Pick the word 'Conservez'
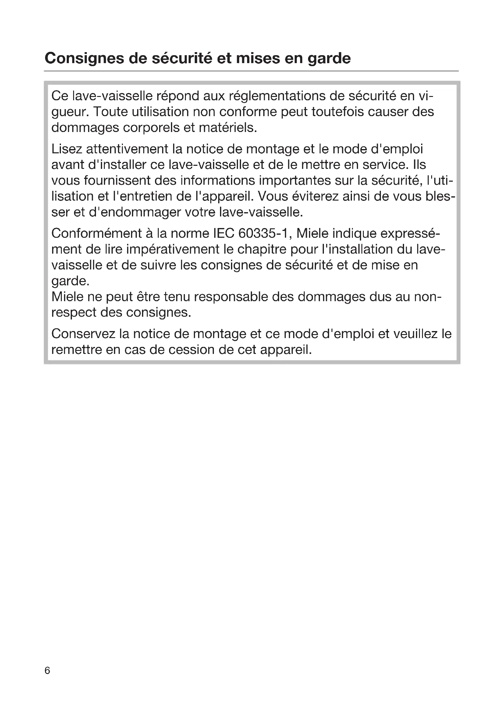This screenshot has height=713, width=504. (x=83, y=334)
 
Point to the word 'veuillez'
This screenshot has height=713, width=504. (x=415, y=334)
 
